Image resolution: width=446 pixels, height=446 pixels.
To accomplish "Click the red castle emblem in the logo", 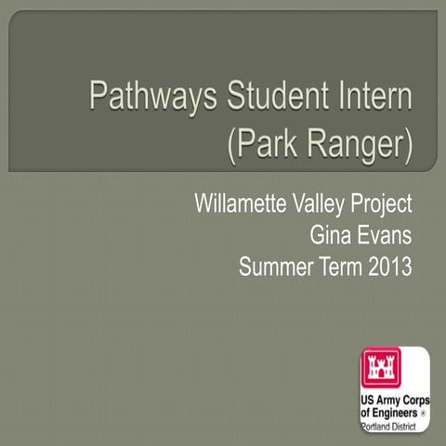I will pos(381,369).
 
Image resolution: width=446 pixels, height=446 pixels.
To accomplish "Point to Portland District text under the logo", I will pos(391,425).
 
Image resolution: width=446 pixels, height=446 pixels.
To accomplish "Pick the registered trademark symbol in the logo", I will pos(424,411).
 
